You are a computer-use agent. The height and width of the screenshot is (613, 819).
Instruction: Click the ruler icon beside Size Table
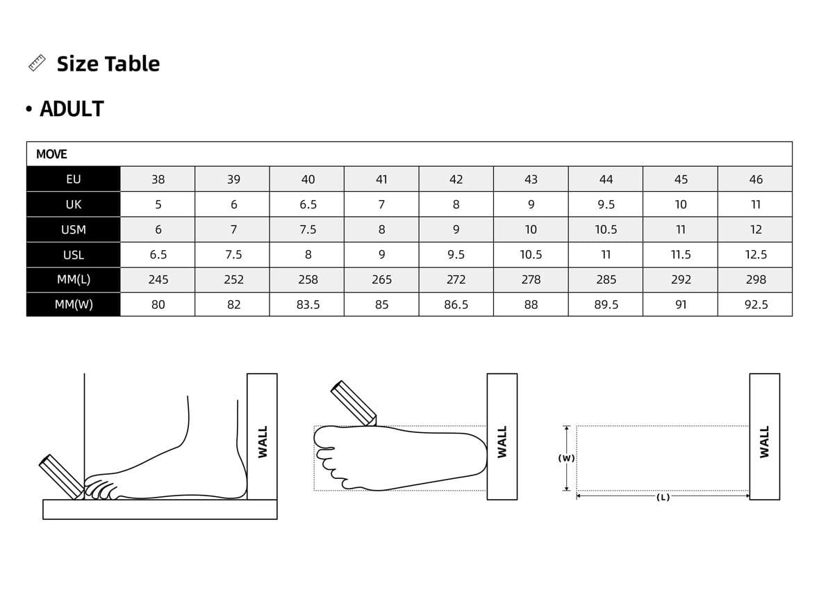click(x=37, y=63)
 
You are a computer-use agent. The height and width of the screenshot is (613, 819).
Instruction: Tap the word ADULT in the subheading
click(x=72, y=109)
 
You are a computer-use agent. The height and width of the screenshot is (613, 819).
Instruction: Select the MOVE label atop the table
click(x=51, y=154)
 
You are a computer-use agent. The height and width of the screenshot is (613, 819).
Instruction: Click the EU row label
click(x=74, y=179)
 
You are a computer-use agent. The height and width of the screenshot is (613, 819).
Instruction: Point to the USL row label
click(x=74, y=254)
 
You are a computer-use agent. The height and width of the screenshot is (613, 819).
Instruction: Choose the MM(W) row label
click(x=74, y=304)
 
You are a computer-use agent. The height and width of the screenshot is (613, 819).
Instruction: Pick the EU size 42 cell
click(x=456, y=179)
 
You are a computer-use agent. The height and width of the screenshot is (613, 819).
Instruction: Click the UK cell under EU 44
click(x=606, y=204)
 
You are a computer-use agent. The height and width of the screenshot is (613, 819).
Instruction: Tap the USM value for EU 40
click(x=308, y=229)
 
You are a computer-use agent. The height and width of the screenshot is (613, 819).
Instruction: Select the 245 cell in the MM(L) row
click(x=158, y=279)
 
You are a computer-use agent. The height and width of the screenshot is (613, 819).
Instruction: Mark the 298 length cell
click(x=756, y=279)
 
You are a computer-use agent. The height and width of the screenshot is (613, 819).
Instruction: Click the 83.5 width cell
click(x=308, y=304)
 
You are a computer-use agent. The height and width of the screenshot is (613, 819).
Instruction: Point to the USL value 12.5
click(x=756, y=254)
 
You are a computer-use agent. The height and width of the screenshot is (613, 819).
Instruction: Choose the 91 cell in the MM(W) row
click(x=681, y=304)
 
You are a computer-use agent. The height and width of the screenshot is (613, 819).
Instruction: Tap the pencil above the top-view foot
click(x=353, y=402)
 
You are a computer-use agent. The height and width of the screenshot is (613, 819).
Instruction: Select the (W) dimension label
click(x=567, y=459)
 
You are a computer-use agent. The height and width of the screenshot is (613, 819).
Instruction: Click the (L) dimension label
click(x=663, y=498)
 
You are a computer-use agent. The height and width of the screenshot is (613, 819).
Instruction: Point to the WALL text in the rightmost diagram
click(x=764, y=442)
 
